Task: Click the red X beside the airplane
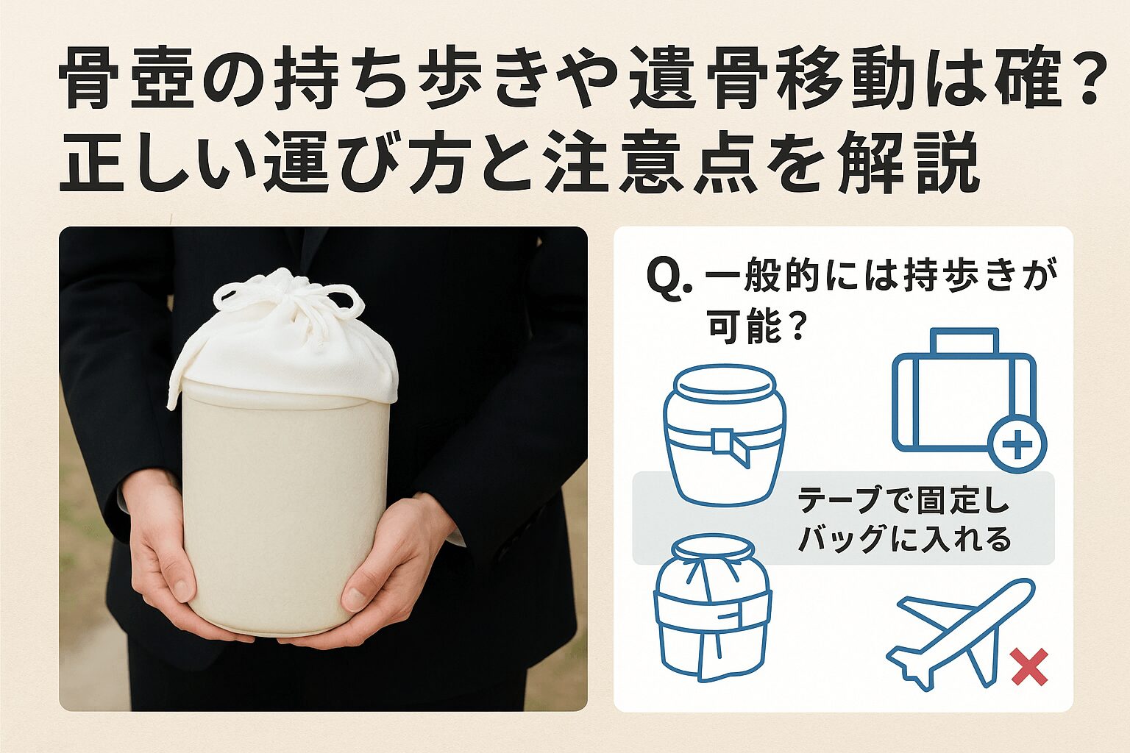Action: click(x=1030, y=667)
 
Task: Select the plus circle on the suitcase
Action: click(x=1017, y=444)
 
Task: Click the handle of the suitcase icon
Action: click(x=964, y=341)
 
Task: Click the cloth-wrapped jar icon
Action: click(x=712, y=607)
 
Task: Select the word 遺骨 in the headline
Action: click(x=705, y=78)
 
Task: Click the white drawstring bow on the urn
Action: click(x=289, y=299)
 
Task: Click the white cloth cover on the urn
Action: click(x=282, y=348)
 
